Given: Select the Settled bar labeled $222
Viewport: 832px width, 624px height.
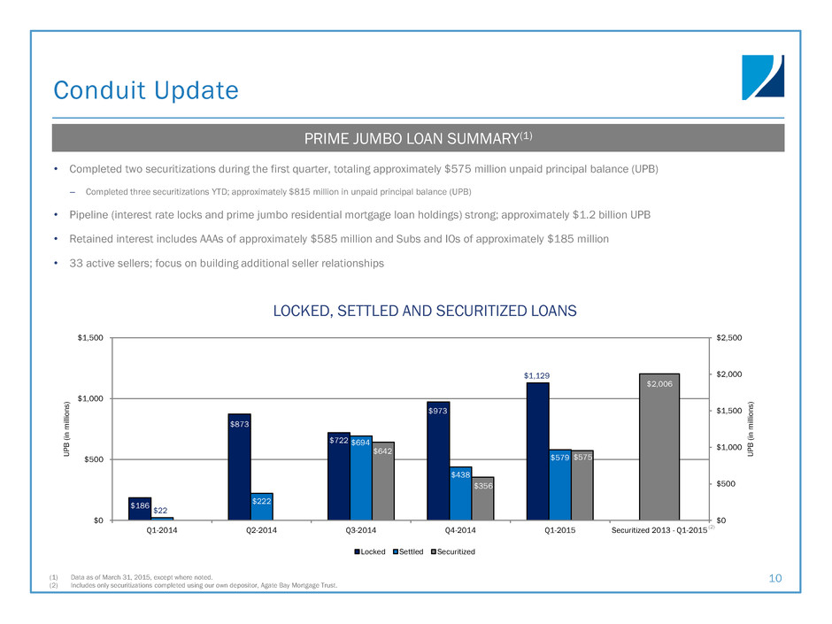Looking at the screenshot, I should pyautogui.click(x=262, y=506).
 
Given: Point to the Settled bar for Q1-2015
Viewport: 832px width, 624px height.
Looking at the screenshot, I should pyautogui.click(x=560, y=484).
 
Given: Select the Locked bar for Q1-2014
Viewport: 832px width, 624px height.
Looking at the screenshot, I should pyautogui.click(x=140, y=508).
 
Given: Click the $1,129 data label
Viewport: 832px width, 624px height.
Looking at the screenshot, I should pyautogui.click(x=537, y=375).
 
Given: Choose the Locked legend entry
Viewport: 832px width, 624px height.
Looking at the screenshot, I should pyautogui.click(x=372, y=552).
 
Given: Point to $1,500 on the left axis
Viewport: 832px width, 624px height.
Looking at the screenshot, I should pyautogui.click(x=89, y=338).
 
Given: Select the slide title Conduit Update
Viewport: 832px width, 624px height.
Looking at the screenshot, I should pyautogui.click(x=146, y=90).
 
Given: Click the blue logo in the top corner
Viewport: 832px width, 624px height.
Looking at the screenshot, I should pyautogui.click(x=763, y=77).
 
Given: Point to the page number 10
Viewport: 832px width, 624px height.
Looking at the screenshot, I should pyautogui.click(x=775, y=578).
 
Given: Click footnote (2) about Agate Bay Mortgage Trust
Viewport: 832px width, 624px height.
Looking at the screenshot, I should pyautogui.click(x=199, y=585).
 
